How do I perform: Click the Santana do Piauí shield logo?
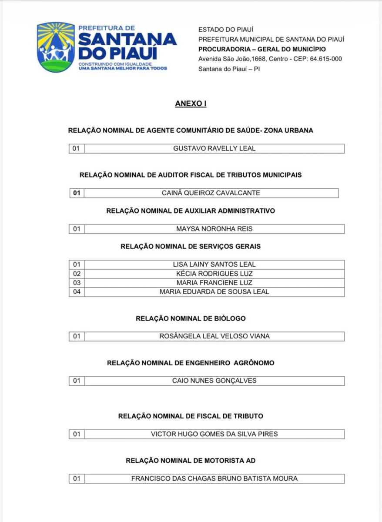56,47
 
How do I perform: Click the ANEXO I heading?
191,104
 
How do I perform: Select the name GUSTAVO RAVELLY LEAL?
214,148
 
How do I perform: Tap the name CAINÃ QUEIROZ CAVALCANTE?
211,193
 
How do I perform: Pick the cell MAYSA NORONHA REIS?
214,228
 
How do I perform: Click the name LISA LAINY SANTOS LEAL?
214,264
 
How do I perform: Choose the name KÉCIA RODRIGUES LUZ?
214,274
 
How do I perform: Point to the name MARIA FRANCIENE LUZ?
214,283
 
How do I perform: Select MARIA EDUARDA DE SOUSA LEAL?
214,292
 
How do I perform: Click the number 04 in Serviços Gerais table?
77,292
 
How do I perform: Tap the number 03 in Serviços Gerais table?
77,283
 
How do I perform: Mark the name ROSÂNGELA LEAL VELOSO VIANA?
214,336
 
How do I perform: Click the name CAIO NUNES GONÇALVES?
214,381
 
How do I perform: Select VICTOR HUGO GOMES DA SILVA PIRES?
214,434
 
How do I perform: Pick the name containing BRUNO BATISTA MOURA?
214,478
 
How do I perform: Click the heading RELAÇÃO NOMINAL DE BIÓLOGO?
191,318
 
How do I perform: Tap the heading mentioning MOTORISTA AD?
191,460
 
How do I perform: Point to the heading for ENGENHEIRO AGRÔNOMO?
191,363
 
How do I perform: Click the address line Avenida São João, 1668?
270,59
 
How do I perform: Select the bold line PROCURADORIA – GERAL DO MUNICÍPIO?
262,49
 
